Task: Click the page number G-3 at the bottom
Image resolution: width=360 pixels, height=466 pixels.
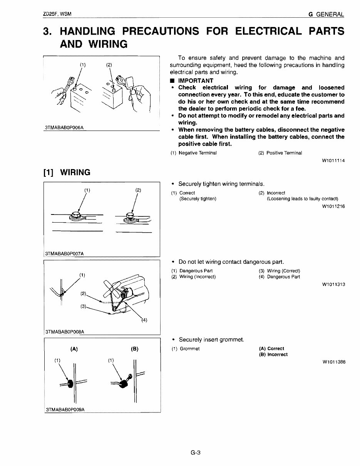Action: [x=196, y=453]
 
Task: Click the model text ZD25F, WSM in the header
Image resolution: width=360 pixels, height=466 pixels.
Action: [x=58, y=14]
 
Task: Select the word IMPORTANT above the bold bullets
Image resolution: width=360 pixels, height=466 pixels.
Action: [x=196, y=81]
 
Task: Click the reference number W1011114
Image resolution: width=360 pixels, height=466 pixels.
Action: [x=333, y=161]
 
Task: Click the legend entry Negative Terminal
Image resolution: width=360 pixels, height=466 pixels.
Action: [x=198, y=153]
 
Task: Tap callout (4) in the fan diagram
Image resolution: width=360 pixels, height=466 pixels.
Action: [x=144, y=320]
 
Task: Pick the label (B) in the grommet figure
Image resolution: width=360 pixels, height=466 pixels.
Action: [x=134, y=349]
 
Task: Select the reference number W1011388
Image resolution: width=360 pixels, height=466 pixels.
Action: [x=333, y=362]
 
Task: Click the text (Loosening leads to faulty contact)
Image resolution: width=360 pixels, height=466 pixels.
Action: [x=302, y=199]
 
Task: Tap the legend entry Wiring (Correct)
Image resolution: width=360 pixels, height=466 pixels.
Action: [x=283, y=271]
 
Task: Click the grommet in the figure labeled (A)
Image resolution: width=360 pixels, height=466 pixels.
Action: [x=70, y=384]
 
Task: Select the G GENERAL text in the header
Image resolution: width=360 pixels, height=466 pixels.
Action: [x=326, y=14]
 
